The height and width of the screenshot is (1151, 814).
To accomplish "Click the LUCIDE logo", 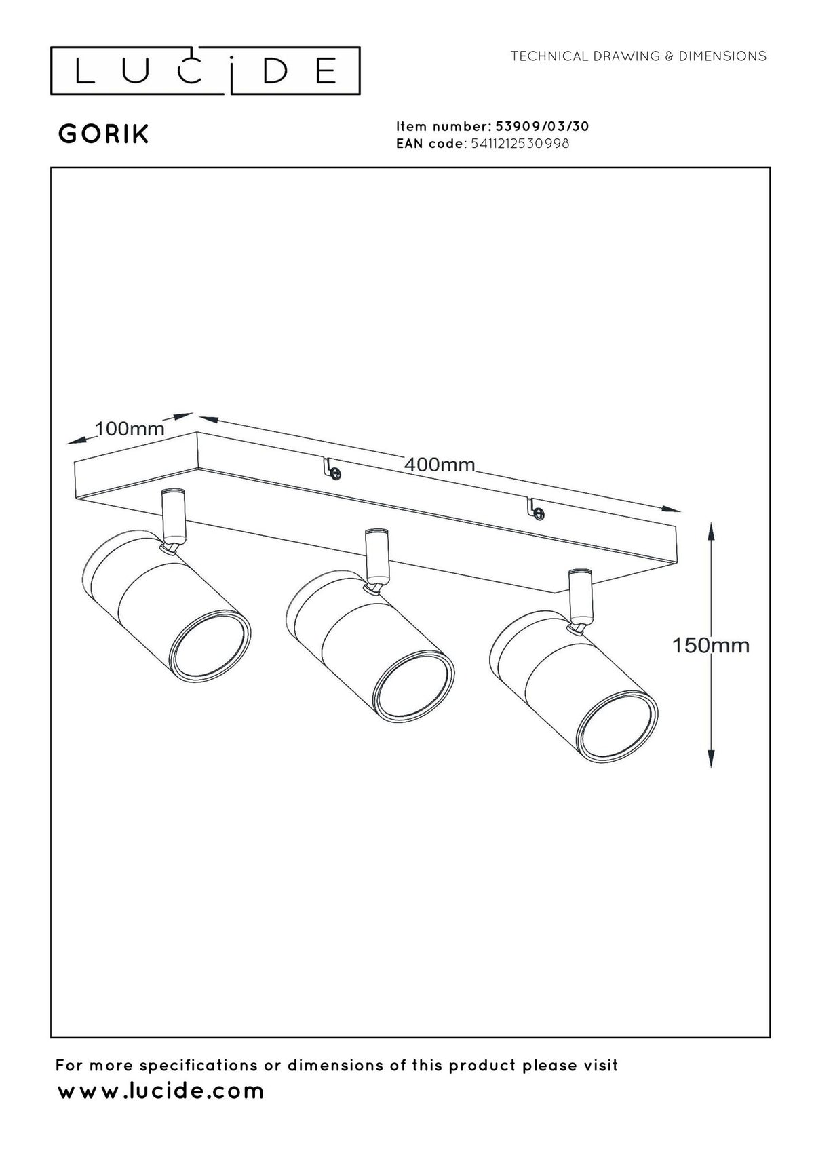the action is pyautogui.click(x=205, y=71).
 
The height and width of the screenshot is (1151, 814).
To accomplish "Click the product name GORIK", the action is pyautogui.click(x=104, y=134).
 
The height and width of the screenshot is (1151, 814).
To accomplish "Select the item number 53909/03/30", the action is pyautogui.click(x=541, y=126).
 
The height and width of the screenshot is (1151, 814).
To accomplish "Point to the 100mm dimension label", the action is pyautogui.click(x=130, y=429).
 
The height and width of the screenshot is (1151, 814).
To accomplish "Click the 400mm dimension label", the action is pyautogui.click(x=440, y=465).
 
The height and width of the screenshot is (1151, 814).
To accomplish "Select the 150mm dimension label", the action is pyautogui.click(x=711, y=646).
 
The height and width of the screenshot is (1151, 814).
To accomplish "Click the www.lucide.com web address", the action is pyautogui.click(x=161, y=1091).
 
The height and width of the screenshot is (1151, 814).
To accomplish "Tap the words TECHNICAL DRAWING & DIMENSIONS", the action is pyautogui.click(x=638, y=56).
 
